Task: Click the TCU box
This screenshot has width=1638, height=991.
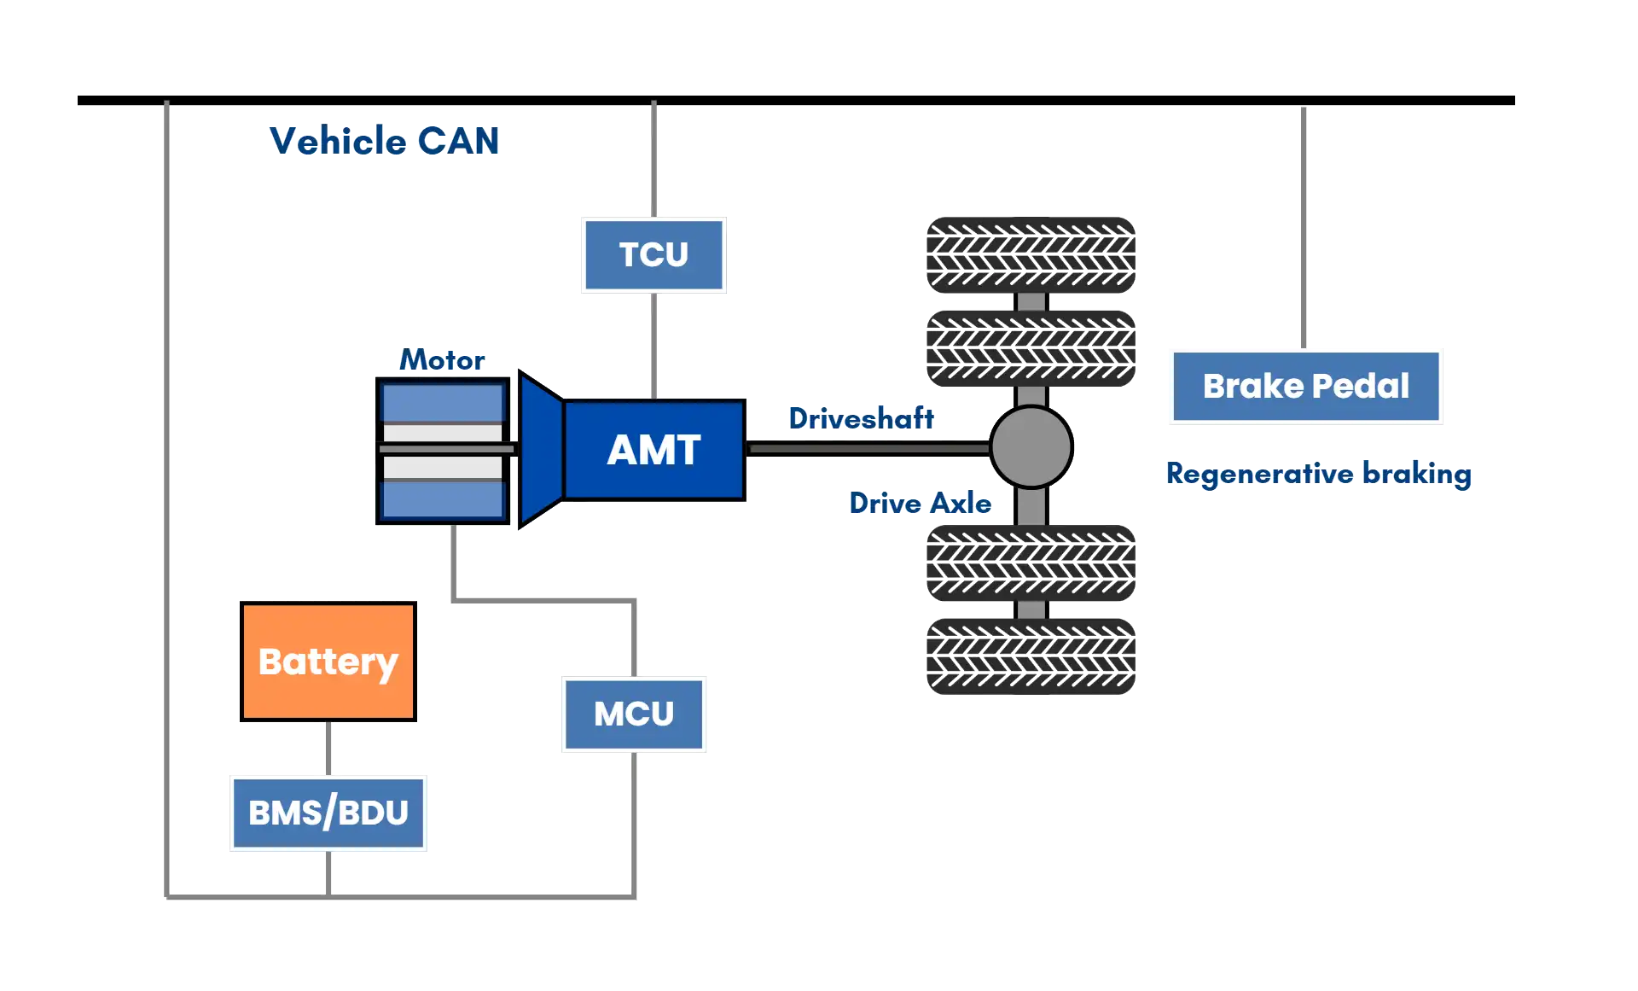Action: coord(654,254)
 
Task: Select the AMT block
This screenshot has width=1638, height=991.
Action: coord(654,450)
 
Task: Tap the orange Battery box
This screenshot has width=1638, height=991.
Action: coord(328,662)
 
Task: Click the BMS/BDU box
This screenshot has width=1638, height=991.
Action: coord(328,813)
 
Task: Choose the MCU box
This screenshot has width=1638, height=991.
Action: coord(634,714)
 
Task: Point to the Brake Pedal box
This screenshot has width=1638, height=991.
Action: coord(1306,387)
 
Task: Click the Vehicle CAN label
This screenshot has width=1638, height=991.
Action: coord(383,141)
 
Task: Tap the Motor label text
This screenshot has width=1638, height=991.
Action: coord(442,360)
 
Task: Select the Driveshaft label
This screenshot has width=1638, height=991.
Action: coord(861,418)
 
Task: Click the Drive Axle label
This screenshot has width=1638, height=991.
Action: coord(920,504)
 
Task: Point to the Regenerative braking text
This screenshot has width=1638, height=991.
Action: coord(1319,474)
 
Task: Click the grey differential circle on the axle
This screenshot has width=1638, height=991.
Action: coord(1031,447)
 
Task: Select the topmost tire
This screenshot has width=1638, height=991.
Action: coord(1031,254)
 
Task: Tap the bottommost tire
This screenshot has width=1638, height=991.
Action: coord(1031,656)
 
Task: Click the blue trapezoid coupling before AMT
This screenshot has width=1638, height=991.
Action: coord(540,450)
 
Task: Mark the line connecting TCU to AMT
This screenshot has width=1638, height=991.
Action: coord(655,345)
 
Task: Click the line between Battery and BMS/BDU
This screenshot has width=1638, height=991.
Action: coord(328,748)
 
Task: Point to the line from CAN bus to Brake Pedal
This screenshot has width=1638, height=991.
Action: coord(1303,226)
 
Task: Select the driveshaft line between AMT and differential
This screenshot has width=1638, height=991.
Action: coord(866,447)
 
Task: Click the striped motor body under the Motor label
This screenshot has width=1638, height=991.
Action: coord(443,450)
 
